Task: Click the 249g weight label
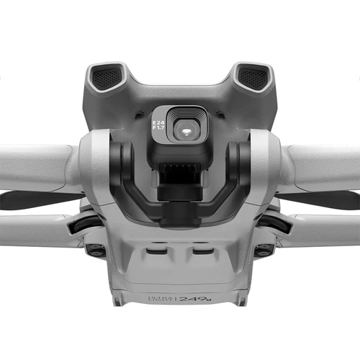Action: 194,297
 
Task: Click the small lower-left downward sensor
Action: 94,250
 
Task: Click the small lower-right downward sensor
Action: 263,250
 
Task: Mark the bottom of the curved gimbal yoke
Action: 179,216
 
